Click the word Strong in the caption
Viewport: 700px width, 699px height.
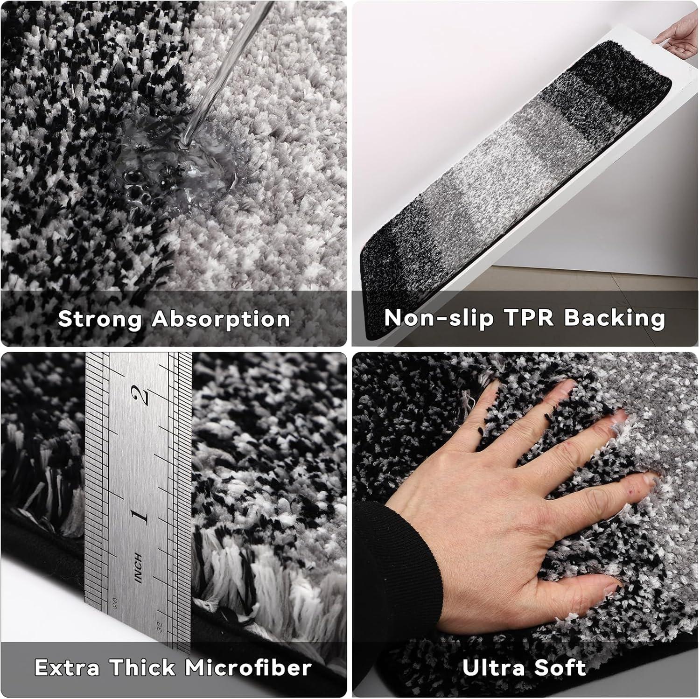click(x=100, y=319)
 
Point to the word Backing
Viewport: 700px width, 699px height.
click(x=615, y=319)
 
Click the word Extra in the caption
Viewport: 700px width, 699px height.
click(x=67, y=668)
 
